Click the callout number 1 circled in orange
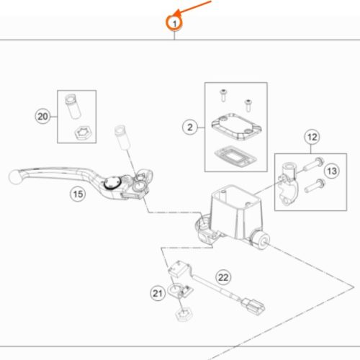(x=174, y=23)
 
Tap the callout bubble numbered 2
(x=190, y=127)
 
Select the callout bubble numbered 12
(x=312, y=137)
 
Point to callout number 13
(x=332, y=171)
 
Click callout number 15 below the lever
(x=78, y=194)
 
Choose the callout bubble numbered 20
(x=42, y=117)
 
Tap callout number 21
(x=158, y=293)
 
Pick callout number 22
(x=223, y=277)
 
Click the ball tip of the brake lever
(x=14, y=176)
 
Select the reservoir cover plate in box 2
(x=236, y=127)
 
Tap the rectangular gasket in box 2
(x=235, y=156)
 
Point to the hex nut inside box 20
(x=82, y=133)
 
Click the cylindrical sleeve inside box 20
(x=73, y=107)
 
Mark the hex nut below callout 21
(x=183, y=314)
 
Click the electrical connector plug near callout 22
(x=253, y=306)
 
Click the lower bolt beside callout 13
(x=315, y=186)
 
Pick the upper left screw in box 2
(x=224, y=95)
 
